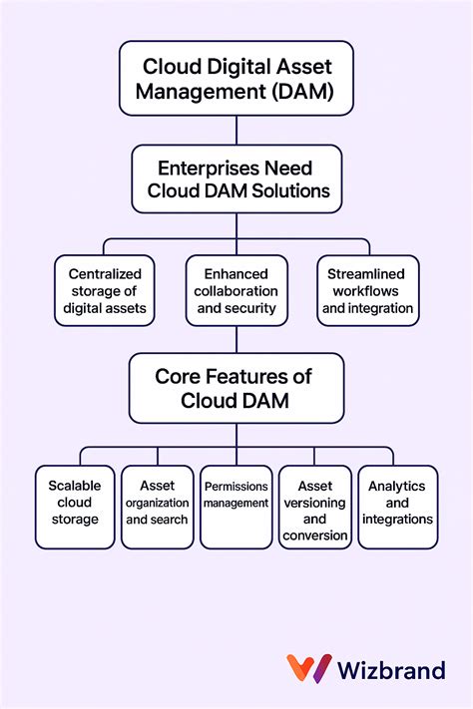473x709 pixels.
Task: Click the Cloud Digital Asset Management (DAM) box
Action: (236, 80)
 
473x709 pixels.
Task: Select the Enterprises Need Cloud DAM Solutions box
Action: (236, 178)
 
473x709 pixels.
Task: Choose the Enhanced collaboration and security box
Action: (236, 290)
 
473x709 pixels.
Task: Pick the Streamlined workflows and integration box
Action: (368, 290)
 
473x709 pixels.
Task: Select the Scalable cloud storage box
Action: (75, 507)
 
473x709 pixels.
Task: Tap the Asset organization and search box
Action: (157, 507)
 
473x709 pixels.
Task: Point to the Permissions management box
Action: (236, 507)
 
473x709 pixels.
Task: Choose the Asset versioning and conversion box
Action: (314, 507)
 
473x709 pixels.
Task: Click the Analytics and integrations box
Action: (397, 507)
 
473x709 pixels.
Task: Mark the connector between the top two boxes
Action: (236, 131)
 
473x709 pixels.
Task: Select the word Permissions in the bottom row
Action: (236, 486)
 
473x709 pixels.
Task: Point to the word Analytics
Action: (397, 486)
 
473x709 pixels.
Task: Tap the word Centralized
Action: (106, 273)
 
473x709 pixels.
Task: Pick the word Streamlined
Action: (368, 273)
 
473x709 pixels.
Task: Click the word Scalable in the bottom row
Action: (75, 486)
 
